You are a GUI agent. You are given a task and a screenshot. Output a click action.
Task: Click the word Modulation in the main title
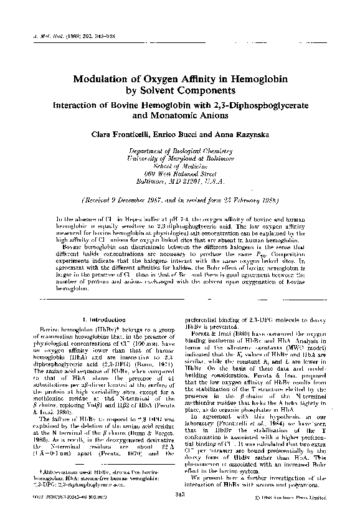105,79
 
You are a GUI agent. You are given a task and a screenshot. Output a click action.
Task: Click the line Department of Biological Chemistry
180,151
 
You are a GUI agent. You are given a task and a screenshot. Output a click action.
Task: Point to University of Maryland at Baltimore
180,159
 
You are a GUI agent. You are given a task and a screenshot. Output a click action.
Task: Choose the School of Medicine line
180,166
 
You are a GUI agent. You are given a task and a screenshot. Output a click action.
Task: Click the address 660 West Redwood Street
180,174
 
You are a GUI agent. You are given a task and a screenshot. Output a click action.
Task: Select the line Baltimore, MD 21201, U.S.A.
180,181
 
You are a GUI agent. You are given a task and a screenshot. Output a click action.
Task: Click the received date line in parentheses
180,200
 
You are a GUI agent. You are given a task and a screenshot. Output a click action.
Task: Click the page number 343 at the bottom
180,494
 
